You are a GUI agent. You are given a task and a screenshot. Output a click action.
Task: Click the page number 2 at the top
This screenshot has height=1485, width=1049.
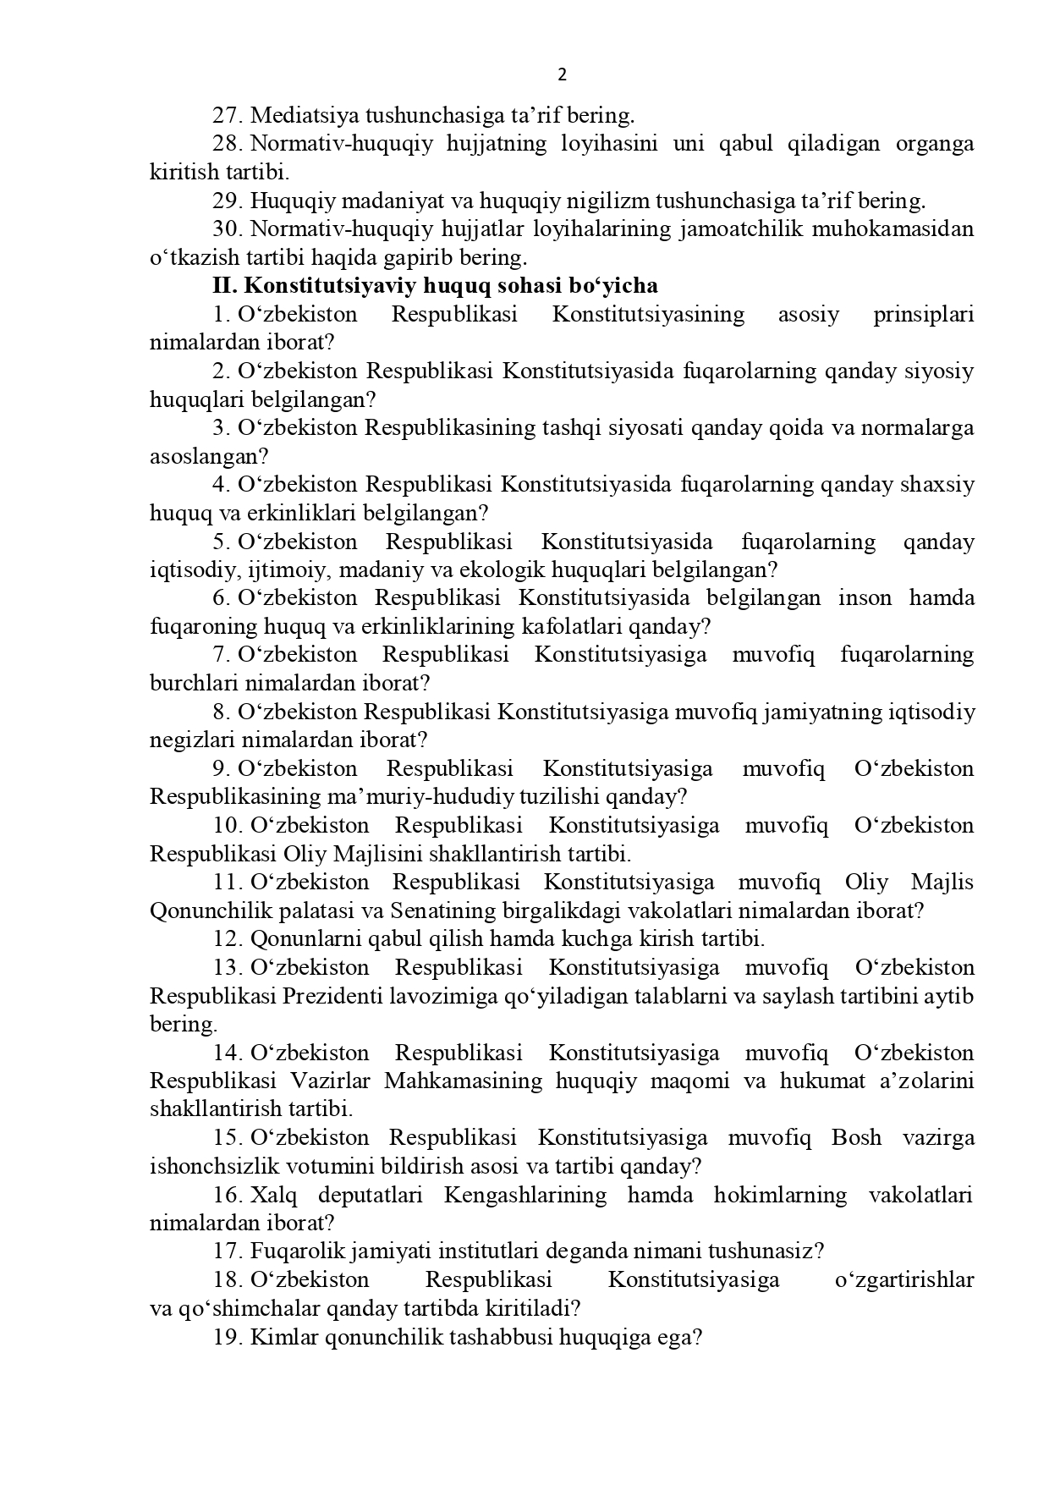[x=563, y=75]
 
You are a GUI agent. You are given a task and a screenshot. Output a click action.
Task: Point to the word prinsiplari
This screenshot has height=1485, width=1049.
[x=923, y=315]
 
